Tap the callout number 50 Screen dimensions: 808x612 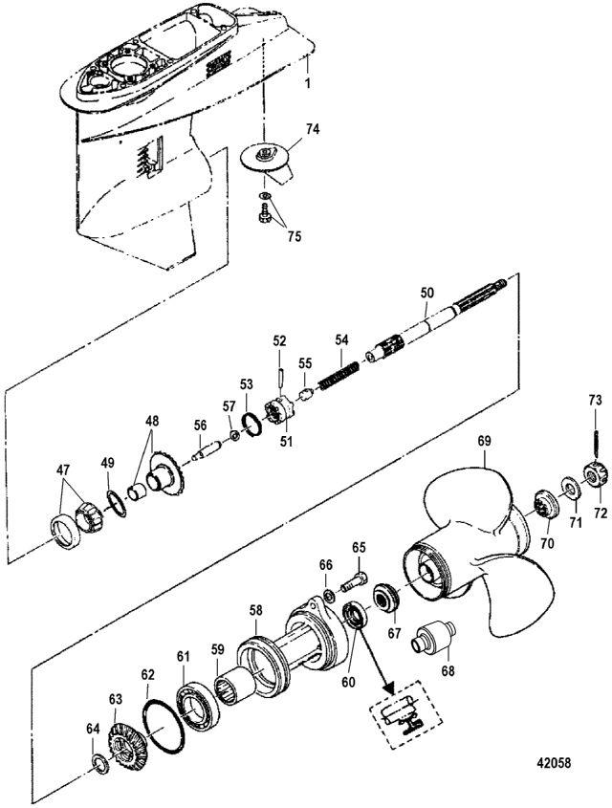(426, 291)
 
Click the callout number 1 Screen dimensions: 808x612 (308, 84)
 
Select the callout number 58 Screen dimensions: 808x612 (255, 610)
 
